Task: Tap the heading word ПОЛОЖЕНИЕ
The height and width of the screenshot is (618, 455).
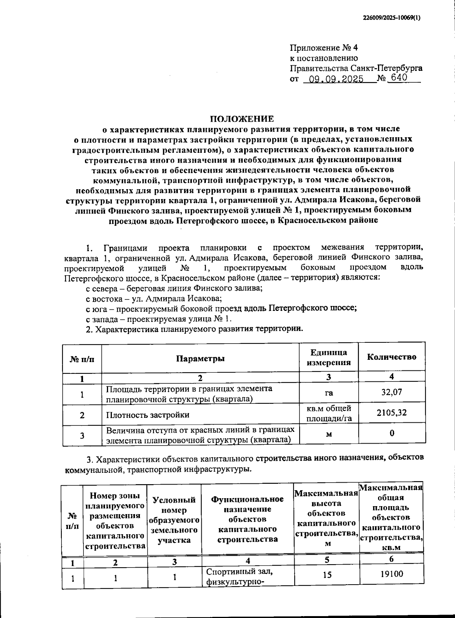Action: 242,119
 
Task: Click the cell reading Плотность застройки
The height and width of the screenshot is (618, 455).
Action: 148,414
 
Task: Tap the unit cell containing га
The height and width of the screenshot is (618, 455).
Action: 329,393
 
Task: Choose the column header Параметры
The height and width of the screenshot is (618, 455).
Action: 200,359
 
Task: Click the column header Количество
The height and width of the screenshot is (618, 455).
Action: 392,357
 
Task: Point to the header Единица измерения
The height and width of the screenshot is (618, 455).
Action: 329,357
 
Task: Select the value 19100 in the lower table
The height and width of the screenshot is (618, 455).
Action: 391,574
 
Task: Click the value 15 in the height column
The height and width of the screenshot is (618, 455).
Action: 327,574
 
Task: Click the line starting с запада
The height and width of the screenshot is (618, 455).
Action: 158,318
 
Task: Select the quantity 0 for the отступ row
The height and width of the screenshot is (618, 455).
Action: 392,433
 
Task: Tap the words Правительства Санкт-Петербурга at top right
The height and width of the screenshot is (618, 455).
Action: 356,68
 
